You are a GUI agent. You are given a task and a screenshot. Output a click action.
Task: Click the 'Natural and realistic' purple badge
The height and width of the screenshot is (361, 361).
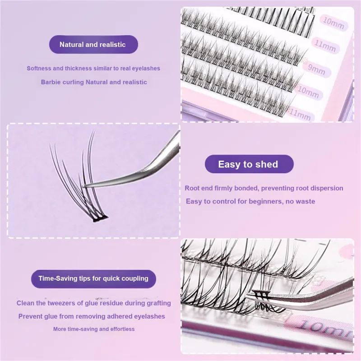[x=93, y=44]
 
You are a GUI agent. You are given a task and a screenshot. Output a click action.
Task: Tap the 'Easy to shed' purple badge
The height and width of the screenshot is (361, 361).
[x=249, y=164]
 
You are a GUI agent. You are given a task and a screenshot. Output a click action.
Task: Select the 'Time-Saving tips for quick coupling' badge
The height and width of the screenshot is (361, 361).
[x=93, y=279]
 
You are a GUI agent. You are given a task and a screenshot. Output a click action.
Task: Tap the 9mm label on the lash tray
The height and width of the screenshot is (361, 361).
[x=317, y=69]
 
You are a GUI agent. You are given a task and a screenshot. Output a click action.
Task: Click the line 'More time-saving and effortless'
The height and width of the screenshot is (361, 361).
[x=94, y=329]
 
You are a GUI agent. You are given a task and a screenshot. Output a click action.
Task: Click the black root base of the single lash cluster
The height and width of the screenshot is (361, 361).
[x=100, y=218]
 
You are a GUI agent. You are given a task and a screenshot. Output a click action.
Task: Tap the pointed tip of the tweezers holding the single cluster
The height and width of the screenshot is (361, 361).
[x=84, y=186]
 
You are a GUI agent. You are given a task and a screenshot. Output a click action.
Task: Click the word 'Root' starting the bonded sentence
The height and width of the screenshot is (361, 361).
[x=192, y=188]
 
